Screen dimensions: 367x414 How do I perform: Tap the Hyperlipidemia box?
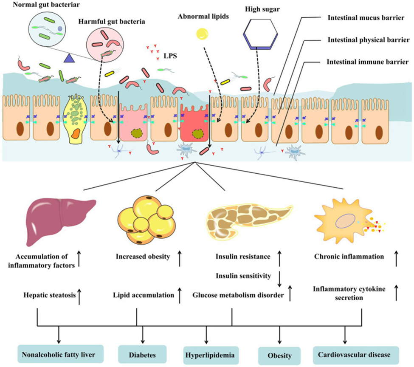point(206,354)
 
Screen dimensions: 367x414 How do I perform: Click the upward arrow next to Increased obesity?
point(180,257)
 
